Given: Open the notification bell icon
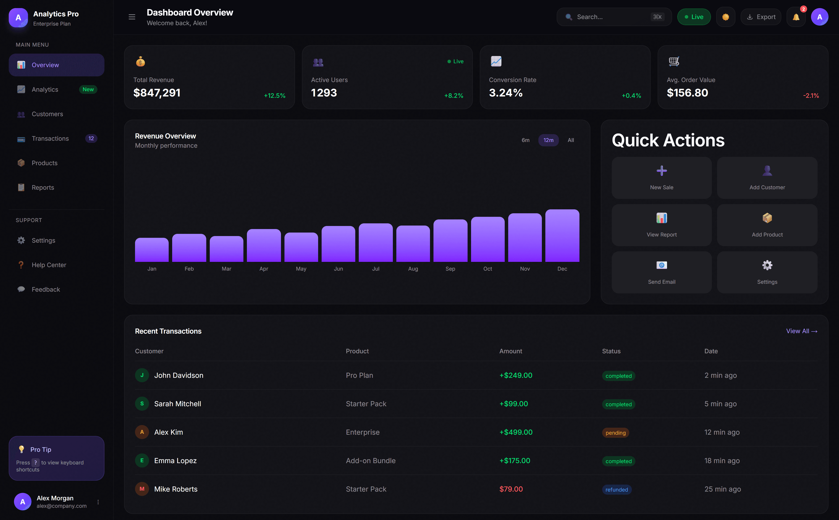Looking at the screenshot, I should tap(796, 17).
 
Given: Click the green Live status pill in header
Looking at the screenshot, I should tap(694, 17).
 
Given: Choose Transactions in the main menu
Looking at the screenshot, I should tap(50, 138).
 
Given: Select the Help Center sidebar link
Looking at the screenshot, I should tap(49, 265).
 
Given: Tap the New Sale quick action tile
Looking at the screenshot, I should tap(661, 178).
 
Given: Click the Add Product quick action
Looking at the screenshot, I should tap(767, 225).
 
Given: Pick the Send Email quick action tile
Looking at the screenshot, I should tap(661, 272).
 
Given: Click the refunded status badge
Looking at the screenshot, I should tap(616, 489).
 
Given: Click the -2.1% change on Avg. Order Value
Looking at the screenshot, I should tap(811, 96).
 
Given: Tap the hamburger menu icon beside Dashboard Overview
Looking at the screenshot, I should tap(132, 17).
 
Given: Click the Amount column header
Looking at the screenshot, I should tap(510, 351).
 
